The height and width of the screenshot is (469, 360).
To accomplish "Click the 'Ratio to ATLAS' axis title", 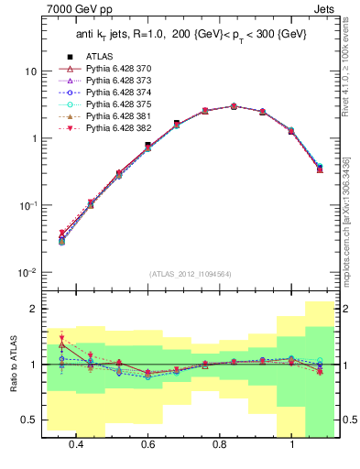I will [12, 365].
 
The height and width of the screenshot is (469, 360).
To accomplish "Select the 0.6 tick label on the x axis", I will [147, 444].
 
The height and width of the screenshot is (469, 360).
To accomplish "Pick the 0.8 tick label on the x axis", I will [219, 444].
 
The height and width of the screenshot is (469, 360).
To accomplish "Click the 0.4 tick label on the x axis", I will [74, 444].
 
